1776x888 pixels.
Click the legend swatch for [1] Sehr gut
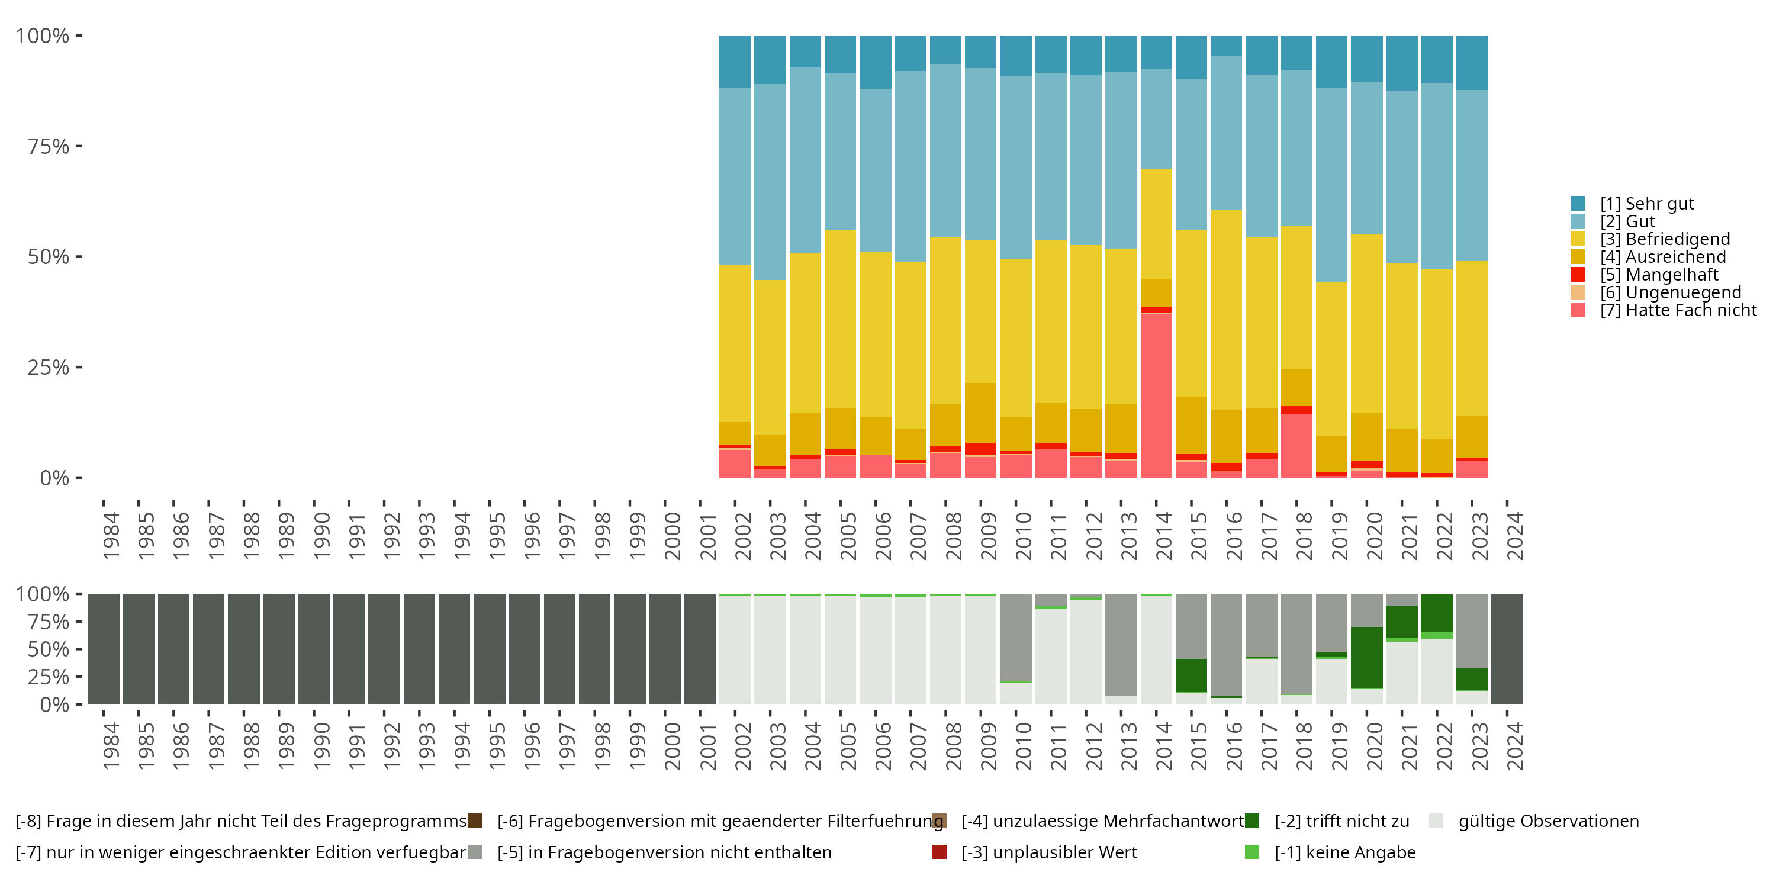pos(1578,204)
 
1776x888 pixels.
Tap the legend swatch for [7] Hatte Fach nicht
pos(1578,310)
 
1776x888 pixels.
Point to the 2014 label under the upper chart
pos(1164,536)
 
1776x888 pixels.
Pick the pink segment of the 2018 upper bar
pos(1296,445)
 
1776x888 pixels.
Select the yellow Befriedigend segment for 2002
pos(735,343)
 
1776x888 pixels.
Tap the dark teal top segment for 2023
pos(1472,62)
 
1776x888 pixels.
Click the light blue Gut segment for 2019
pos(1331,185)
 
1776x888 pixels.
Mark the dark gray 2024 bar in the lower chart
pos(1507,649)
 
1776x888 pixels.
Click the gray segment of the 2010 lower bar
pos(1015,637)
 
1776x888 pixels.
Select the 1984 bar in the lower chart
pos(104,649)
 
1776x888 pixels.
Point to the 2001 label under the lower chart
pos(708,746)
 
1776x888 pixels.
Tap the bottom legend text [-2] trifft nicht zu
pos(1341,821)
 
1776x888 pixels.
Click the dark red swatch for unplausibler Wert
pos(939,852)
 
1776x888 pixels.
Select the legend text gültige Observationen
pos(1549,821)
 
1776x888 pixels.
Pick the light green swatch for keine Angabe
pos(1252,852)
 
